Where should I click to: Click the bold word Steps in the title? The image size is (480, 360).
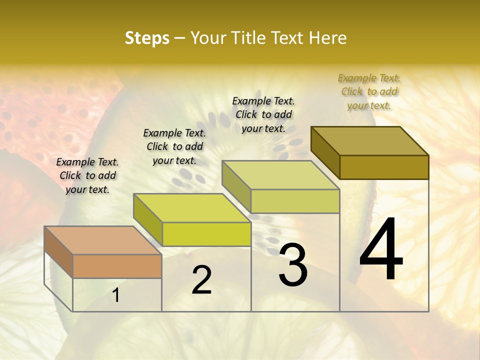pyautogui.click(x=147, y=38)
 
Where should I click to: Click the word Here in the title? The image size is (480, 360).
pyautogui.click(x=327, y=38)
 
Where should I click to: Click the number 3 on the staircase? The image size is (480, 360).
pyautogui.click(x=293, y=265)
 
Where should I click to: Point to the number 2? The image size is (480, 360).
pyautogui.click(x=201, y=280)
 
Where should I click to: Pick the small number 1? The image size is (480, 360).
pyautogui.click(x=116, y=295)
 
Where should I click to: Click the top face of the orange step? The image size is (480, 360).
pyautogui.click(x=103, y=240)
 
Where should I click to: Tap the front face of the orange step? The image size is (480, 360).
pyautogui.click(x=117, y=266)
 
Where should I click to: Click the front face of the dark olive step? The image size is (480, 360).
pyautogui.click(x=384, y=167)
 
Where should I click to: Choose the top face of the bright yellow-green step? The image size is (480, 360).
pyautogui.click(x=192, y=207)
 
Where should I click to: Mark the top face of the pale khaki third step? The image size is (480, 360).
pyautogui.click(x=281, y=174)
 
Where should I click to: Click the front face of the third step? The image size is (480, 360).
pyautogui.click(x=295, y=201)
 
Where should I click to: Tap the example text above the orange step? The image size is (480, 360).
pyautogui.click(x=88, y=175)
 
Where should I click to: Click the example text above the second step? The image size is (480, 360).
pyautogui.click(x=174, y=146)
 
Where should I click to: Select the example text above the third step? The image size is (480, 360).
pyautogui.click(x=263, y=114)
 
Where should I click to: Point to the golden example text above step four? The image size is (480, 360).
pyautogui.click(x=369, y=91)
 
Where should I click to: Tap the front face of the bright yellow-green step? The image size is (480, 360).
pyautogui.click(x=206, y=234)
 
